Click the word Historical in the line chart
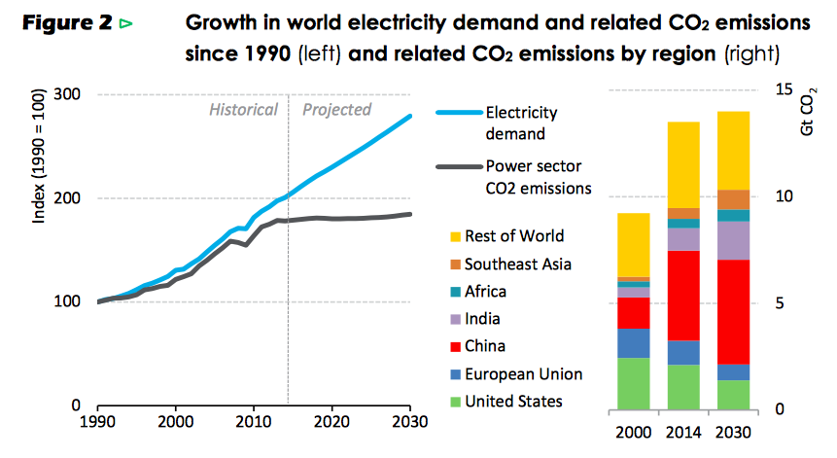tap(243, 110)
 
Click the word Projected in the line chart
tap(336, 110)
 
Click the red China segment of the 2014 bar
tap(684, 296)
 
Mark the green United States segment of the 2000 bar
tap(634, 383)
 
